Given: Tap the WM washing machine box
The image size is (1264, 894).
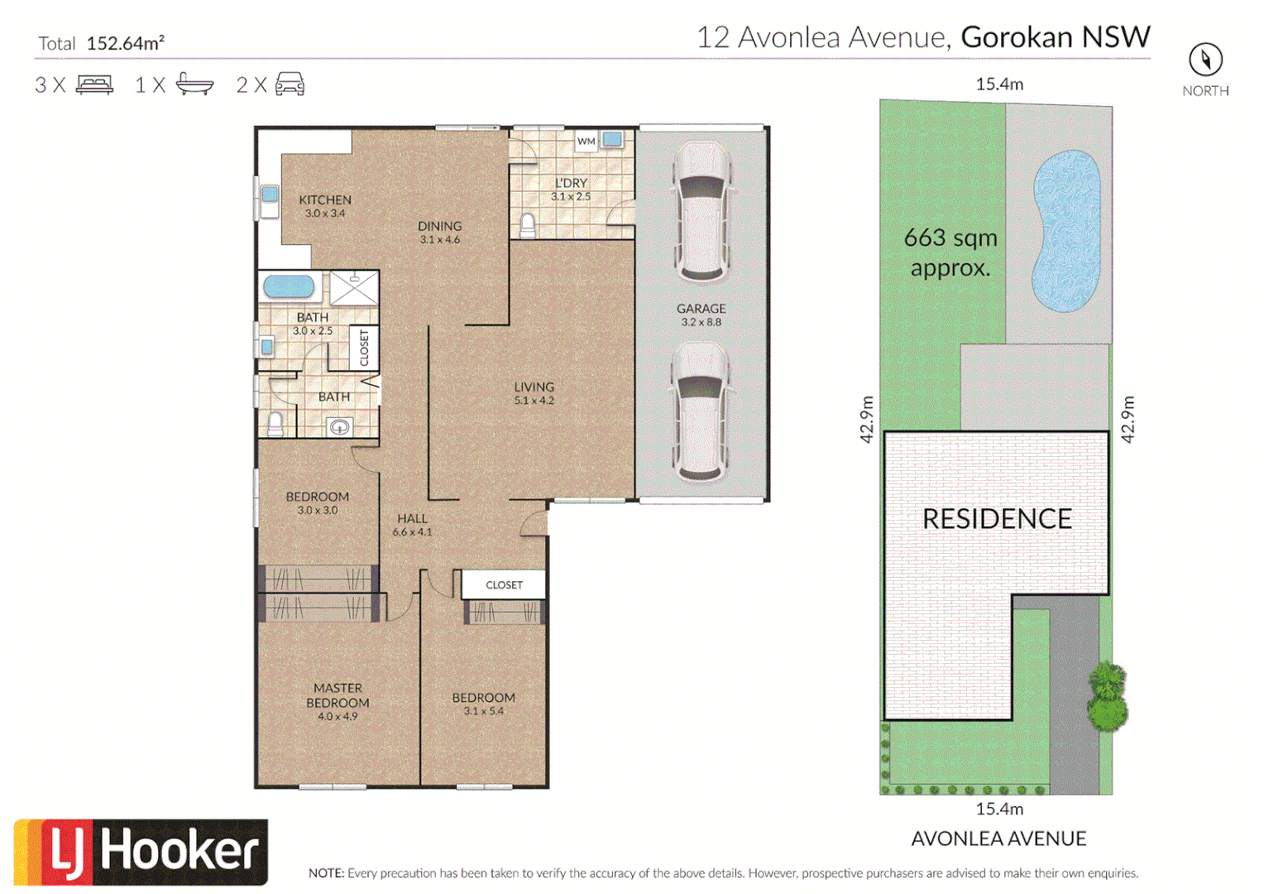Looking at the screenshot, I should click(586, 142).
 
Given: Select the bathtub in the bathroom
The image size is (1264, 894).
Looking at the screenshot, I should click(289, 287).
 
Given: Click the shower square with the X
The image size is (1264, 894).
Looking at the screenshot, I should click(354, 288).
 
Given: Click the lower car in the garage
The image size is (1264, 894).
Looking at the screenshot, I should click(701, 412).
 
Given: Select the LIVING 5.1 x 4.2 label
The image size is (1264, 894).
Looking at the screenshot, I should click(534, 393).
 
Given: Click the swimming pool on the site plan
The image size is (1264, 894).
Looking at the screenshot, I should click(1066, 231).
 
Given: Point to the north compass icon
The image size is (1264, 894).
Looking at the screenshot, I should click(1205, 60).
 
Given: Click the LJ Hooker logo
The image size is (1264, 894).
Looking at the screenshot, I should click(141, 852).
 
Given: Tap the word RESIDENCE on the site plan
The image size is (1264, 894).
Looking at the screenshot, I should click(997, 519).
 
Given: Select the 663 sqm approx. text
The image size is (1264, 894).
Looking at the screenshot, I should click(950, 252).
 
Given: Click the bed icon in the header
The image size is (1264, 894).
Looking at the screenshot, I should click(94, 84).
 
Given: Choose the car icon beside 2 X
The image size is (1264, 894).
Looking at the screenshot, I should click(290, 84).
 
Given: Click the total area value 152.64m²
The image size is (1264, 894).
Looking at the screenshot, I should click(125, 44).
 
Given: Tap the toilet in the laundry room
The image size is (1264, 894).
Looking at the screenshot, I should click(528, 225).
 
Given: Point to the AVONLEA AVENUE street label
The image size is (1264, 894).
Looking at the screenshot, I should click(998, 839).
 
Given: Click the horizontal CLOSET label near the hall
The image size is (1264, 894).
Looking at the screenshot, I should click(504, 584).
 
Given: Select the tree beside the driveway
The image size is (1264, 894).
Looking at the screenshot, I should click(1107, 697).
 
